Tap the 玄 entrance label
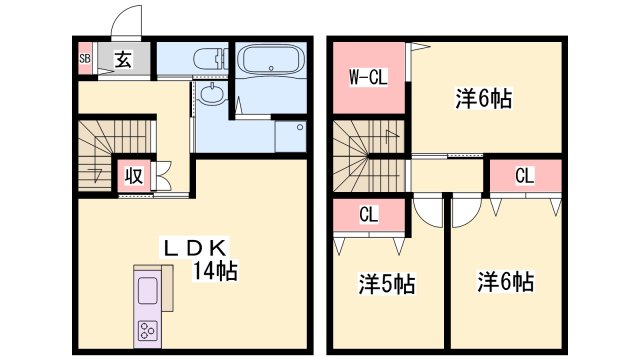pyautogui.click(x=120, y=58)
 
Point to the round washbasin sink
pyautogui.click(x=212, y=97)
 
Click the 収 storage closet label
pyautogui.click(x=133, y=177)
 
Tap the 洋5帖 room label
pyautogui.click(x=387, y=284)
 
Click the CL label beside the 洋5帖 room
pyautogui.click(x=368, y=213)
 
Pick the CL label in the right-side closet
pyautogui.click(x=524, y=176)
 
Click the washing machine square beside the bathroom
pyautogui.click(x=290, y=135)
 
